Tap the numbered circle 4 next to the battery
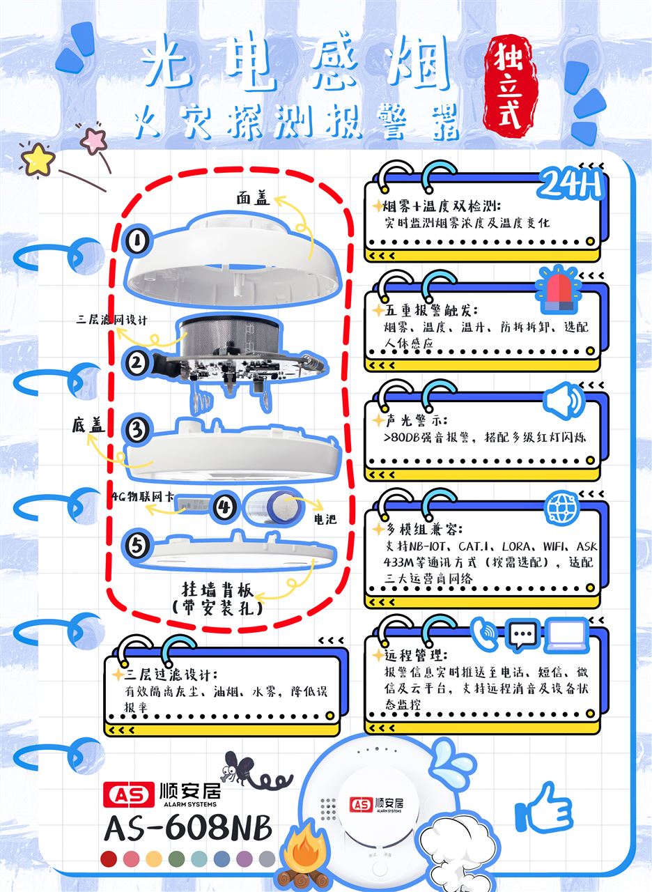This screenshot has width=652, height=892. [x=224, y=507]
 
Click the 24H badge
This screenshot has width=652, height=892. [x=570, y=184]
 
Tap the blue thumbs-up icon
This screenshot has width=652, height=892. [x=544, y=805]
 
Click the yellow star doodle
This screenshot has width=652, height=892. [x=38, y=160]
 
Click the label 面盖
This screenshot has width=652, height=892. [x=253, y=198]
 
